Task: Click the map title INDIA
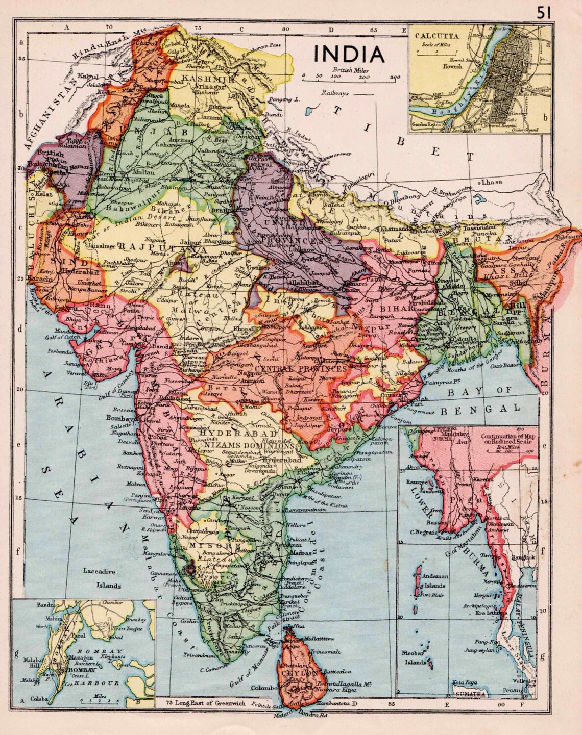click(x=349, y=54)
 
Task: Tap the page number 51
click(x=544, y=13)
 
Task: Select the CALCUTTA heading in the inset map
click(x=437, y=36)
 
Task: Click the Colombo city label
click(x=264, y=688)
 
